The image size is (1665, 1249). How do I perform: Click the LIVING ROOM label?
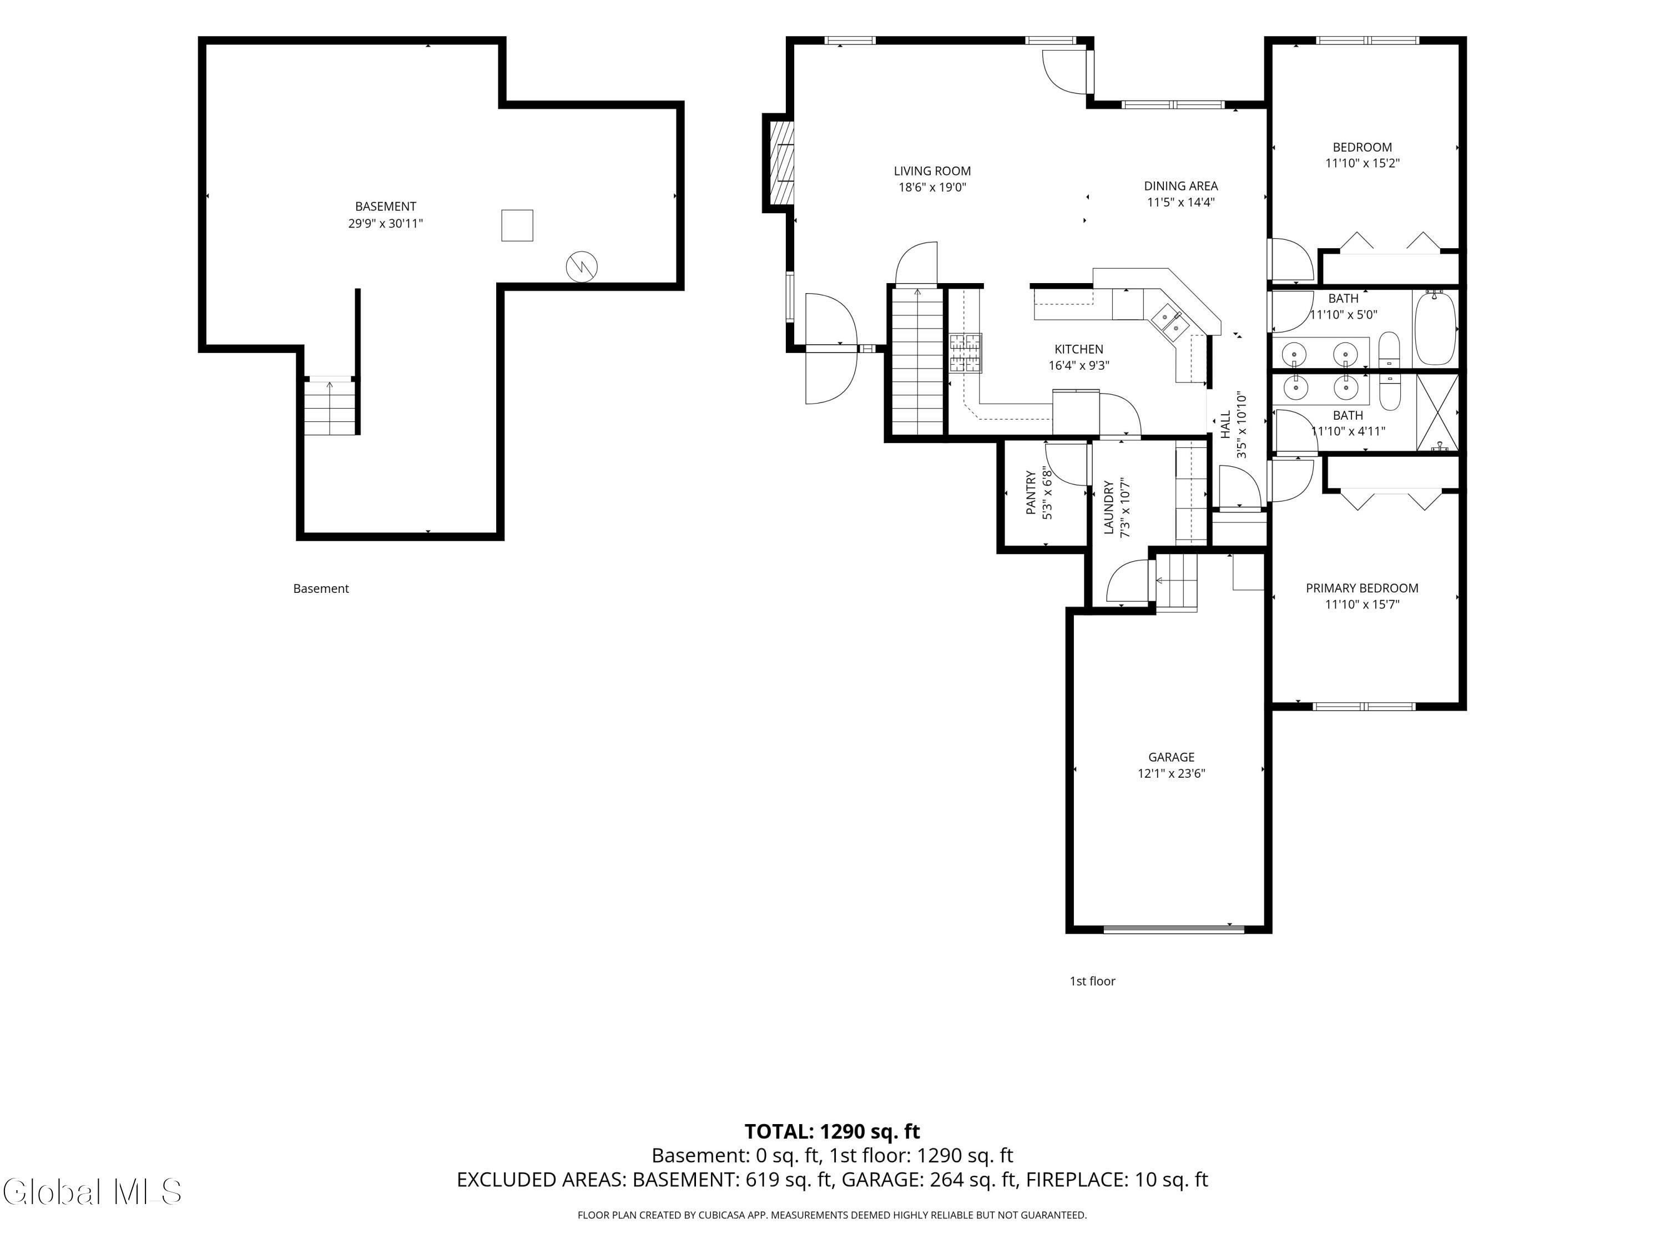tap(932, 171)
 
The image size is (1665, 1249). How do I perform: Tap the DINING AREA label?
tap(1180, 186)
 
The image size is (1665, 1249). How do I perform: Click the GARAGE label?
tap(1171, 757)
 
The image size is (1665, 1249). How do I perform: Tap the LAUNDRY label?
tap(1108, 508)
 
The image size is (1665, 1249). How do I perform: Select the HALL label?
tap(1225, 425)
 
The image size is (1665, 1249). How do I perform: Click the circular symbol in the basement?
tap(581, 266)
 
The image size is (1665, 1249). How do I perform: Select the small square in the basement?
tap(517, 225)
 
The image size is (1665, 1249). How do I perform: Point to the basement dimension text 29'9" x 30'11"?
tap(385, 224)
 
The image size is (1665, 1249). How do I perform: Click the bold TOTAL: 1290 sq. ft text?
tap(832, 1131)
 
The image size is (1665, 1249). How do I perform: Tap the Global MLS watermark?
tap(92, 1192)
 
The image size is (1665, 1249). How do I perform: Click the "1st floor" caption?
tap(1092, 981)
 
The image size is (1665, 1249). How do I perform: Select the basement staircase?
tap(330, 406)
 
